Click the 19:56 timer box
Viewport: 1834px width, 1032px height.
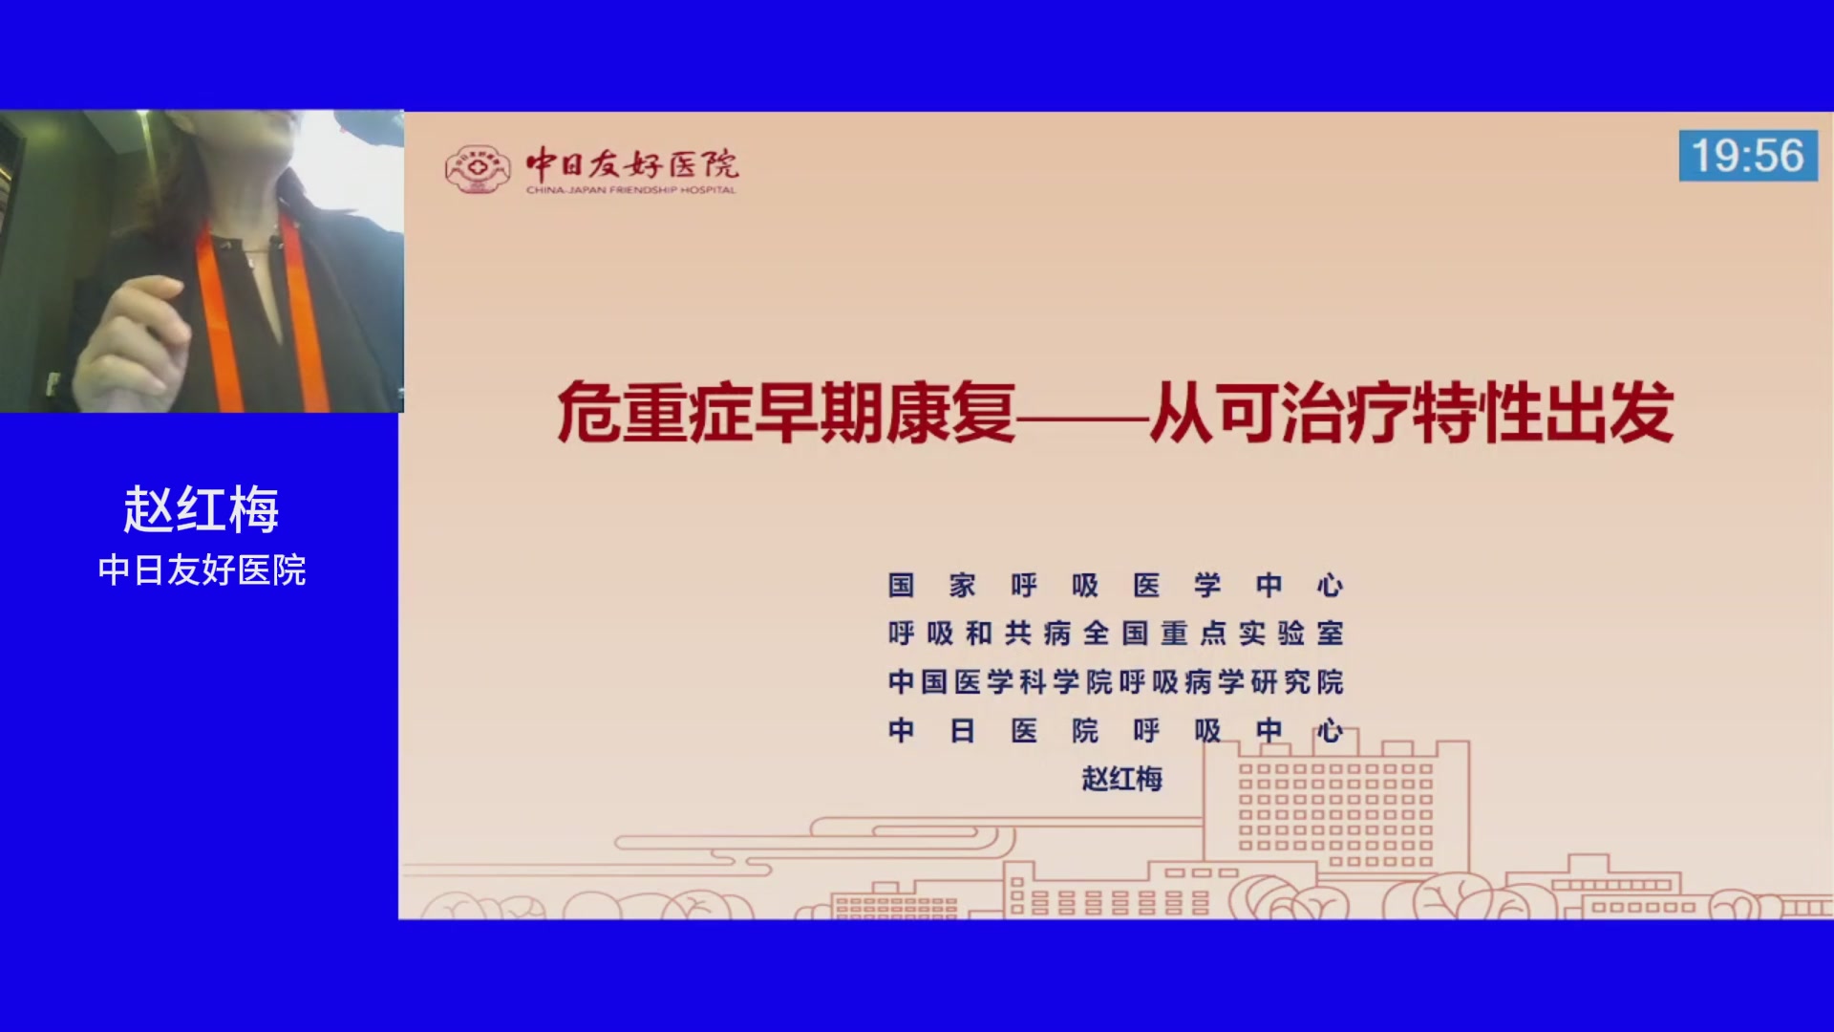tap(1748, 156)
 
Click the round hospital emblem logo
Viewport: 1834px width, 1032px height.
tap(477, 169)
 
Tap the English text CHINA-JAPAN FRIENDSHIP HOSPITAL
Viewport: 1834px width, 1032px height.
tap(630, 190)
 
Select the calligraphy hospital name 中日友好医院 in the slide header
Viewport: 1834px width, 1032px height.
tap(632, 163)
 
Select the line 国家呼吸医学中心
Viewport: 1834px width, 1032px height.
tap(1116, 585)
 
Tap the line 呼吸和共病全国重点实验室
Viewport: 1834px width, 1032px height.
tap(1116, 633)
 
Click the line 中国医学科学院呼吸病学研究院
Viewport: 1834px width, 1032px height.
tap(1116, 681)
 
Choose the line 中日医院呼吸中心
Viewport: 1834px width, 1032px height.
tap(1116, 730)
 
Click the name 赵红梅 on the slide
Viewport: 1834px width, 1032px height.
tap(1122, 779)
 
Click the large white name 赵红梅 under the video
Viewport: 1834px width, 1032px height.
tap(202, 508)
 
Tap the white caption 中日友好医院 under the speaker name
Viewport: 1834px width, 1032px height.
tap(202, 570)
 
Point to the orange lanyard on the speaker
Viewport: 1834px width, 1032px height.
tap(219, 315)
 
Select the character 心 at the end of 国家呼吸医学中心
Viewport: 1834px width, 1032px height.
tap(1331, 585)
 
